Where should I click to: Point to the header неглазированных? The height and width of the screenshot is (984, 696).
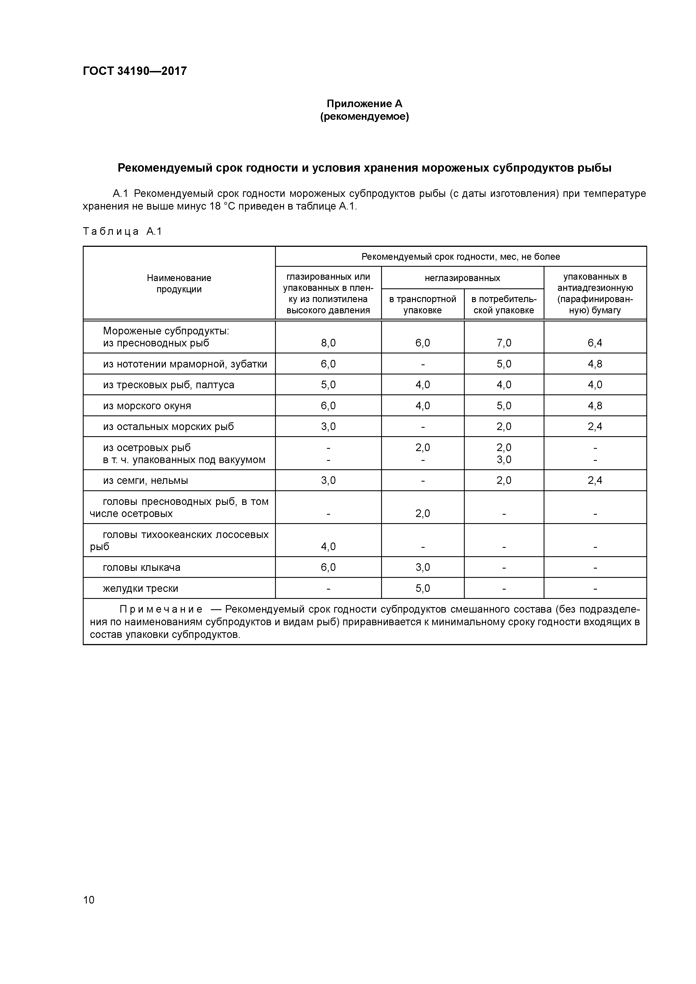(462, 278)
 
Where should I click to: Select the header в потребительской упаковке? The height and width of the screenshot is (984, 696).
(503, 304)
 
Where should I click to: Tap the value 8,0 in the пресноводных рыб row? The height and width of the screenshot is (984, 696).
(328, 343)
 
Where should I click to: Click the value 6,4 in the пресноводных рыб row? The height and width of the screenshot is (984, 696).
(595, 343)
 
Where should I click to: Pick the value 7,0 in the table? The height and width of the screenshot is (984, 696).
(504, 343)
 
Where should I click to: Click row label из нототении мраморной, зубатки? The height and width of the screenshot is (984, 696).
(185, 364)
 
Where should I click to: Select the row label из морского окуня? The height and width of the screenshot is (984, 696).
(147, 405)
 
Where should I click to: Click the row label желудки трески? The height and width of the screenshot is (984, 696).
(140, 588)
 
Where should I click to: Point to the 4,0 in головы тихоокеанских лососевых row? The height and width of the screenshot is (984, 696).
(328, 546)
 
